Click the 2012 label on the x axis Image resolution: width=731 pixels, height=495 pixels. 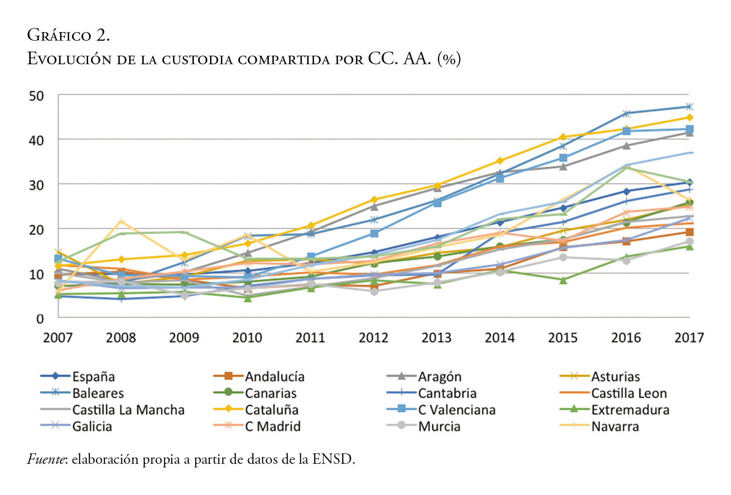tap(373, 338)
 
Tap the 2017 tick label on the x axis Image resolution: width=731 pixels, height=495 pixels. tap(689, 338)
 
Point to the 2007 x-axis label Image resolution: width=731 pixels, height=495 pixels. tap(58, 338)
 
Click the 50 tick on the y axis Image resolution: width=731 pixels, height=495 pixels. tap(37, 96)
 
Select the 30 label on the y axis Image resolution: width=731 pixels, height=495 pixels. tap(37, 185)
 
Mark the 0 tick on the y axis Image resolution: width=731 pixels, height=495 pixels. tap(40, 319)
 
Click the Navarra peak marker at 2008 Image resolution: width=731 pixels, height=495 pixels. tap(121, 221)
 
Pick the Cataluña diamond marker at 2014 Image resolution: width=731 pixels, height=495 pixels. tap(500, 161)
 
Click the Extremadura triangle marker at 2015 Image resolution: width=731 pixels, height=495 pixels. tap(563, 281)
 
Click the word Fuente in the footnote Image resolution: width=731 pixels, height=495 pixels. tap(47, 459)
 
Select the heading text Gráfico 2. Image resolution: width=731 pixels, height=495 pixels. tap(68, 35)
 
